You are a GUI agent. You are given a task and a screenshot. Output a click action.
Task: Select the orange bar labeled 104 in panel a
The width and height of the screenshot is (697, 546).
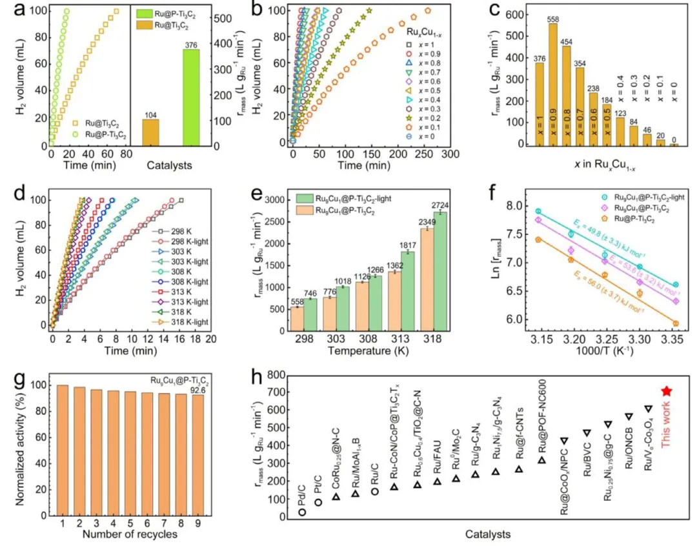pyautogui.click(x=150, y=132)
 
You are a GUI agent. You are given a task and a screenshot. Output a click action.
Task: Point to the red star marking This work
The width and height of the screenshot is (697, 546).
pyautogui.click(x=667, y=391)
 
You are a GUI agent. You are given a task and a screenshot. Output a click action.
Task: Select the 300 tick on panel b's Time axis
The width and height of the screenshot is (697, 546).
pyautogui.click(x=450, y=156)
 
